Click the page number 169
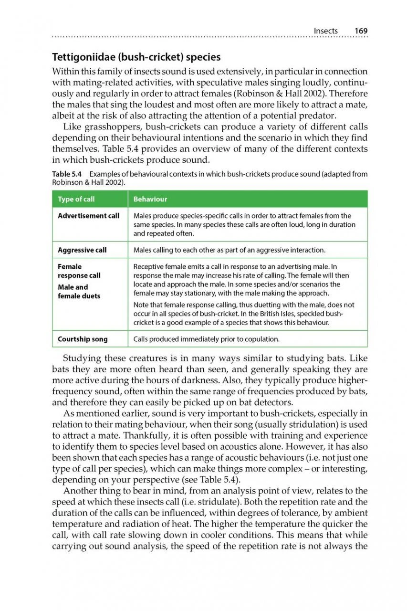click(361, 31)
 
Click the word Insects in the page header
click(325, 31)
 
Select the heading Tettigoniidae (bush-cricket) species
click(136, 57)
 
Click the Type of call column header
click(76, 199)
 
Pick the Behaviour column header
click(150, 199)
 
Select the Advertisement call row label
click(88, 216)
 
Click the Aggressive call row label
click(82, 250)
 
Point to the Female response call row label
click(79, 271)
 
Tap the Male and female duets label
click(79, 292)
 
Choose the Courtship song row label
click(83, 339)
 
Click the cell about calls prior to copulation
click(206, 339)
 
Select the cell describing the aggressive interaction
click(229, 250)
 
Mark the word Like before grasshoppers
click(72, 126)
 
